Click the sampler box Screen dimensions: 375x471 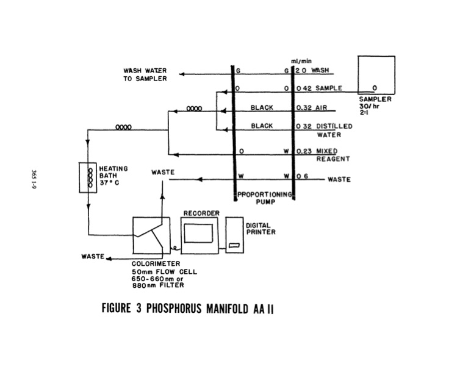[375, 74]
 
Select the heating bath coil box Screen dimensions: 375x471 [90, 177]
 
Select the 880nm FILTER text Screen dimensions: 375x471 [158, 285]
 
